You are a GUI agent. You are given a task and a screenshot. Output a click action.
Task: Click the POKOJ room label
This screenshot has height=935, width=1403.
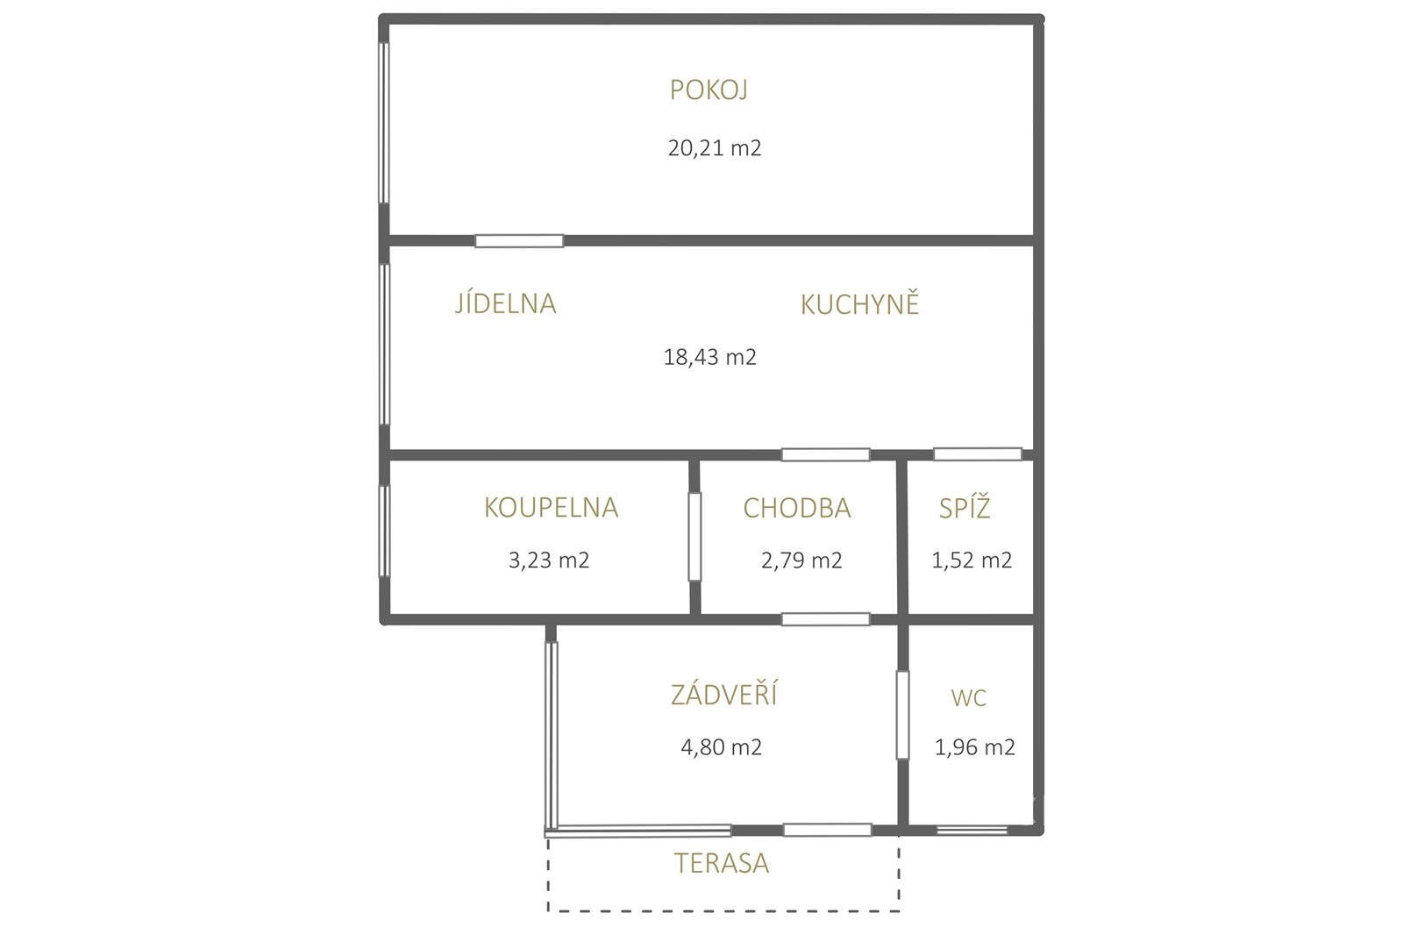click(x=709, y=90)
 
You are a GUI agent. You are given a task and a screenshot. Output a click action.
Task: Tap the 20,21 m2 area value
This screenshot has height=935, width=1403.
click(x=715, y=148)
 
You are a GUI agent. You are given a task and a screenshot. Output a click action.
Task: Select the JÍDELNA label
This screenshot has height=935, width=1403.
click(x=505, y=303)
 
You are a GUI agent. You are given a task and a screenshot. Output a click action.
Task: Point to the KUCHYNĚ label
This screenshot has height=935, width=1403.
click(x=859, y=303)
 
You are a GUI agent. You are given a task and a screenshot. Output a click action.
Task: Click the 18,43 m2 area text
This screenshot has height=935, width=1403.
click(x=709, y=357)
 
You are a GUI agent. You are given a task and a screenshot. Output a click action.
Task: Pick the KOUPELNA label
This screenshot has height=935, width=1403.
click(x=552, y=508)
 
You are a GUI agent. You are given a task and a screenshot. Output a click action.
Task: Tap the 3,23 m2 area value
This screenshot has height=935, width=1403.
click(x=549, y=560)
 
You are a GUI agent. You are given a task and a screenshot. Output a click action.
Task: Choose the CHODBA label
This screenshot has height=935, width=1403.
click(x=797, y=508)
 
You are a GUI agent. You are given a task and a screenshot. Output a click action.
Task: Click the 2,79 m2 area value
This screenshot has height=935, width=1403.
click(x=801, y=560)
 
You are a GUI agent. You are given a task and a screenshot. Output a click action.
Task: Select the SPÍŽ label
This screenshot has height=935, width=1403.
click(x=965, y=508)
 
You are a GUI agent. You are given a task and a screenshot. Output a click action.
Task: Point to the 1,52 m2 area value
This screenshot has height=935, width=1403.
click(x=972, y=560)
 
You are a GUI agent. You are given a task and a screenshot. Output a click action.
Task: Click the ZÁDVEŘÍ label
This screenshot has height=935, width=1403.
click(x=724, y=695)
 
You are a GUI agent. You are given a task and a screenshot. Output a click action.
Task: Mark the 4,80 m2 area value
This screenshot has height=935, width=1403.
click(x=722, y=747)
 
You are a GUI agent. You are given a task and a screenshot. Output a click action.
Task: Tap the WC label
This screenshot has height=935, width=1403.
click(x=968, y=698)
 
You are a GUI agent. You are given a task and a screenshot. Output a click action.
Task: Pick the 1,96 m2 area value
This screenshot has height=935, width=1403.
click(x=974, y=747)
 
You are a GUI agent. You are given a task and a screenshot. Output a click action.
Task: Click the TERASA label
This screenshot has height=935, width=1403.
click(x=722, y=864)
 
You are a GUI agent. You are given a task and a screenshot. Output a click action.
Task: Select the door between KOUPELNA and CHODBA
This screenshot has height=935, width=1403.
click(x=694, y=537)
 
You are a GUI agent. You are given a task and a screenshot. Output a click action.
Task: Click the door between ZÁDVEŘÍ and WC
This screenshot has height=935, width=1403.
click(x=902, y=715)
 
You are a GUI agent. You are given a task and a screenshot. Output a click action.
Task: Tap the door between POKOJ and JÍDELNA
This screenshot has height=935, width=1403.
click(x=519, y=240)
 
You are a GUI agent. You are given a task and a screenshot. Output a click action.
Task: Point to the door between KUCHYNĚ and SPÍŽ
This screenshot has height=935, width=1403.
click(x=978, y=453)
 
